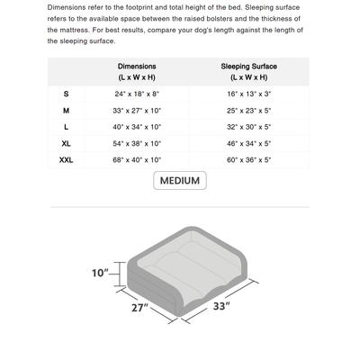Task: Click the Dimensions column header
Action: pyautogui.click(x=137, y=72)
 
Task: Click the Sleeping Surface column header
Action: pyautogui.click(x=248, y=72)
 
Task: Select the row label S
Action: pyautogui.click(x=66, y=94)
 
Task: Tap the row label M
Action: pyautogui.click(x=66, y=111)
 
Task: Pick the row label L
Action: pyautogui.click(x=66, y=127)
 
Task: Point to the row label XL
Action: pyautogui.click(x=66, y=143)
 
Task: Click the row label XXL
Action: pyautogui.click(x=66, y=159)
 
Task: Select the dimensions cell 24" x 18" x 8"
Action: pyautogui.click(x=137, y=94)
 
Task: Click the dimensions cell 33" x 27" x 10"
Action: pyautogui.click(x=137, y=111)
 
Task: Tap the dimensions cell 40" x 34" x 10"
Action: pyautogui.click(x=137, y=127)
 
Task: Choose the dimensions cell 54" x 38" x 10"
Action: pyautogui.click(x=137, y=143)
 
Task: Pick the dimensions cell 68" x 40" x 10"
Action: pyautogui.click(x=137, y=159)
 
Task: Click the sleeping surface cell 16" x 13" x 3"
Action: pyautogui.click(x=248, y=94)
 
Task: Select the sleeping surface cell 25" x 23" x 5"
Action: pyautogui.click(x=248, y=111)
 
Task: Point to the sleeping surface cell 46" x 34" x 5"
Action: pyautogui.click(x=248, y=143)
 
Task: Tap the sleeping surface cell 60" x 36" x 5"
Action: pyautogui.click(x=248, y=159)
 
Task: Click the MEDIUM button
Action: pyautogui.click(x=179, y=181)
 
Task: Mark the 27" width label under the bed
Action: pyautogui.click(x=137, y=308)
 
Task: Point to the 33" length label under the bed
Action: pyautogui.click(x=221, y=307)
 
